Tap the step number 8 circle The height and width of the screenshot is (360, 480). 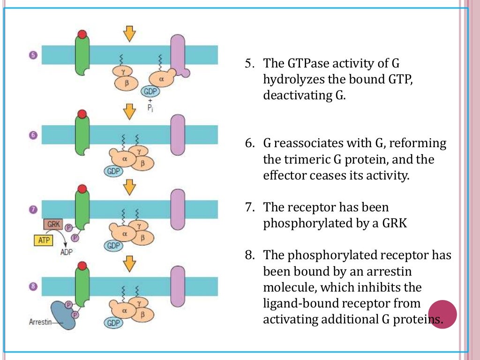coord(33,287)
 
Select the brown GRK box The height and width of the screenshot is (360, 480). coord(53,225)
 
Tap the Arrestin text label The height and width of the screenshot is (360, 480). coord(39,322)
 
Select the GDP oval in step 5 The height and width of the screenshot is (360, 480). coord(151,92)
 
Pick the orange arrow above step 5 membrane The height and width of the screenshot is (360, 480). coord(129,32)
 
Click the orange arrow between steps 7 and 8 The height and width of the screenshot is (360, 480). coord(129,264)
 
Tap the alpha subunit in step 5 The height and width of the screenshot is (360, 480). coord(161,80)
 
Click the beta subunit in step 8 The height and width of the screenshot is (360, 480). coord(142,315)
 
